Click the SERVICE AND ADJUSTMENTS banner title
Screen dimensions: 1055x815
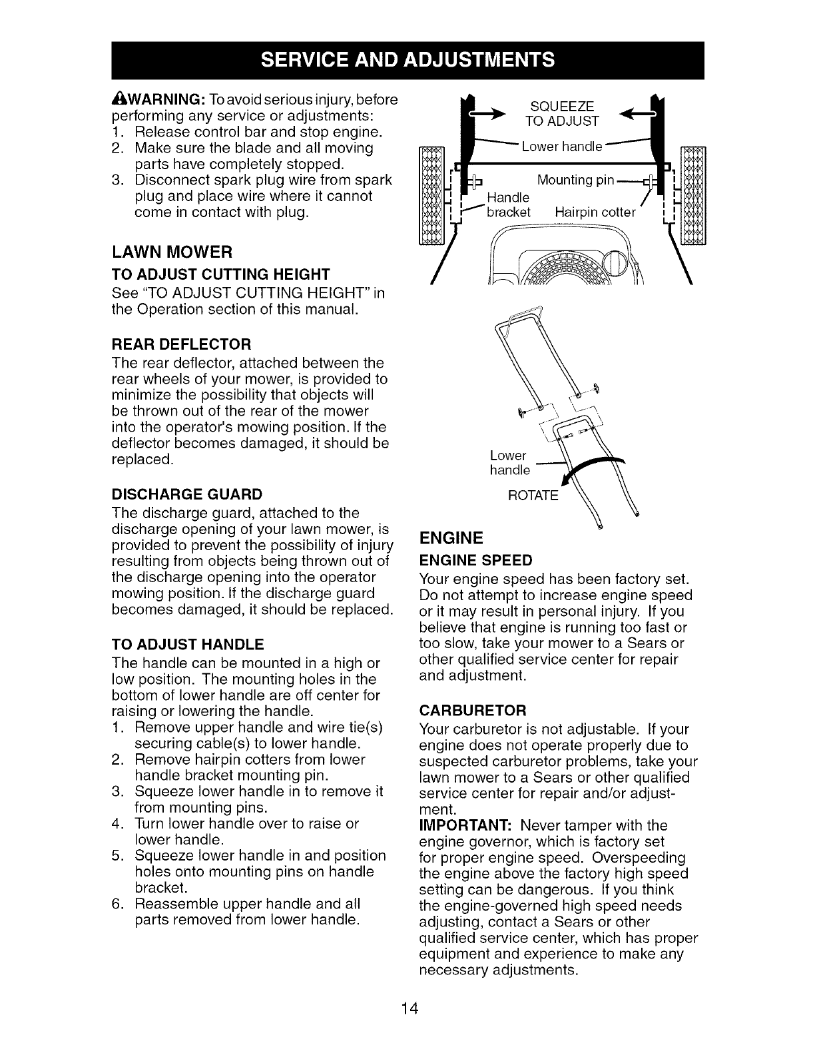pos(407,60)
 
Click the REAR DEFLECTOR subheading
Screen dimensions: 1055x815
pos(181,344)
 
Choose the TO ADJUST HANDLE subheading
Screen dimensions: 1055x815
pos(188,644)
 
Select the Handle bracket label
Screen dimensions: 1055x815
pos(509,205)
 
